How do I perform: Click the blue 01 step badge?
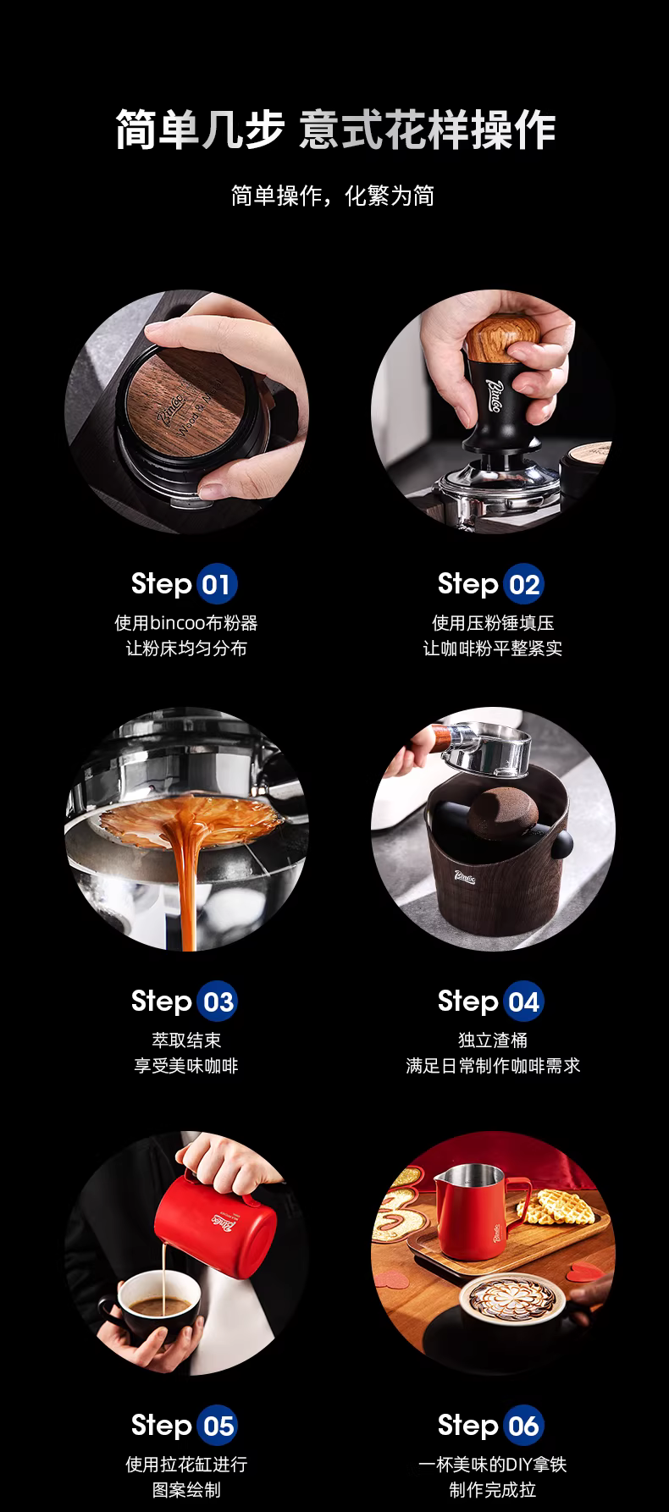pyautogui.click(x=217, y=585)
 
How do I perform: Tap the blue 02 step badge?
pyautogui.click(x=523, y=585)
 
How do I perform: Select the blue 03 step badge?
pyautogui.click(x=217, y=1002)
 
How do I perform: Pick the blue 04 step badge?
pyautogui.click(x=523, y=1002)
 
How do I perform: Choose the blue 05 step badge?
pyautogui.click(x=217, y=1426)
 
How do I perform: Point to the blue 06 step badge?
pyautogui.click(x=523, y=1426)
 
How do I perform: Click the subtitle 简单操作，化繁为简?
pyautogui.click(x=333, y=196)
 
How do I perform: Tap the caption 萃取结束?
pyautogui.click(x=186, y=1040)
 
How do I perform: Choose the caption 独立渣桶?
pyautogui.click(x=493, y=1040)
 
